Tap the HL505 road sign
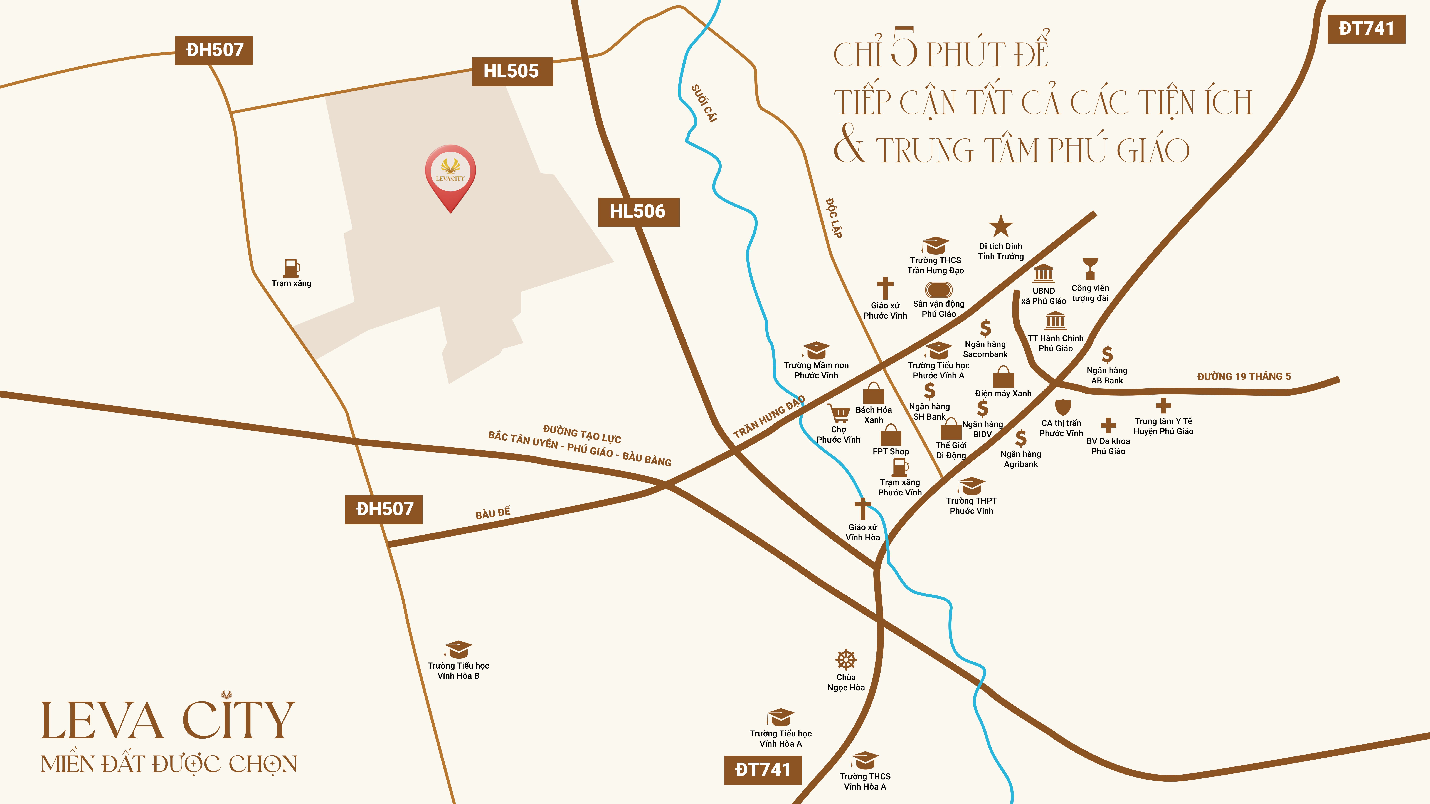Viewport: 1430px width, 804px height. pos(512,72)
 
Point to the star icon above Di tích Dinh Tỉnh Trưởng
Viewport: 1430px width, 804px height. pos(1000,226)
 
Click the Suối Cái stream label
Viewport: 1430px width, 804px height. pos(704,103)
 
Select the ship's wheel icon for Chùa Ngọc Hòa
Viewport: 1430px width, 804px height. pos(846,660)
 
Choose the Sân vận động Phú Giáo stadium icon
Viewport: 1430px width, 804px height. pos(938,290)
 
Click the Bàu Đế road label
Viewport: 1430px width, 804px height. pos(492,513)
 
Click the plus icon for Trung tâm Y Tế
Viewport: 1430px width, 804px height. pos(1163,406)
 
